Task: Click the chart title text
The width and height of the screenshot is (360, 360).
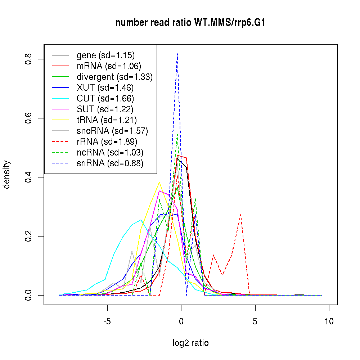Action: [x=190, y=23]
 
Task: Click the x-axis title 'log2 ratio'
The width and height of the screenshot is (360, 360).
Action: [x=190, y=343]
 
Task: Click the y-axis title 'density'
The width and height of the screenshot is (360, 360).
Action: [x=7, y=175]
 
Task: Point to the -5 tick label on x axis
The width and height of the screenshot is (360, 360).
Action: [x=107, y=321]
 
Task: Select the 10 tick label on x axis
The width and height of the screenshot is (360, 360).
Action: [x=329, y=321]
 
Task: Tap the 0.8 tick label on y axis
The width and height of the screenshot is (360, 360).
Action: [x=28, y=59]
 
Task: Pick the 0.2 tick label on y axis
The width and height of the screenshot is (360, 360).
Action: [x=28, y=236]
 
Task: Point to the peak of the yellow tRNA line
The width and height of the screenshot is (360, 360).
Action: [x=159, y=182]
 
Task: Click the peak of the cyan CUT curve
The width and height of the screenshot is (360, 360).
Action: [x=141, y=220]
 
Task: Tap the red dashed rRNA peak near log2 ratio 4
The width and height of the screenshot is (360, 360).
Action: [x=240, y=215]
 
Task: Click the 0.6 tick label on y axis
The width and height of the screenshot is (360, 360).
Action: [x=28, y=118]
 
